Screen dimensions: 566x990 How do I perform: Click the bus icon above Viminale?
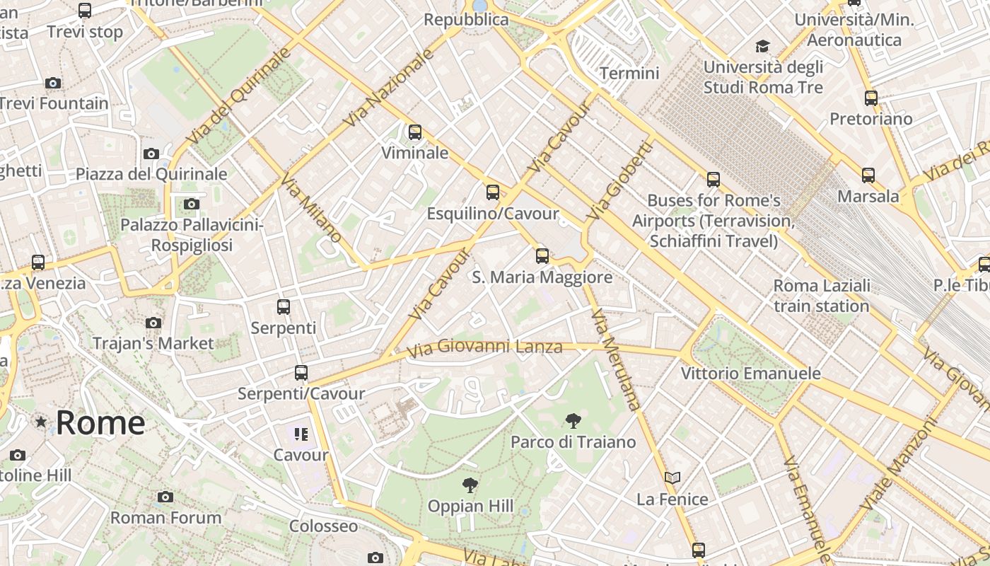coord(415,132)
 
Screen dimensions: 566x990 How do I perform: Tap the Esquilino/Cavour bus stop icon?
coord(493,192)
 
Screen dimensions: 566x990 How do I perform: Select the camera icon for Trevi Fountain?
coord(53,83)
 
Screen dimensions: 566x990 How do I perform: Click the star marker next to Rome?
coord(41,422)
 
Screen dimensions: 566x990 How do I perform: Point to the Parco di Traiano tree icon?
coord(573,421)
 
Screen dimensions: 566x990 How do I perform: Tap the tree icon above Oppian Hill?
coord(470,485)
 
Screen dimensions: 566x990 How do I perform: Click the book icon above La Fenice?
coord(672,478)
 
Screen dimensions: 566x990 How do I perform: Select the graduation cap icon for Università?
coord(762,47)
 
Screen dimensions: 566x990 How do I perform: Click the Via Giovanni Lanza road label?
coord(484,347)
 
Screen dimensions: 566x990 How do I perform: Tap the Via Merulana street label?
coord(616,359)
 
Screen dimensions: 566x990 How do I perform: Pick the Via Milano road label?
coord(312,209)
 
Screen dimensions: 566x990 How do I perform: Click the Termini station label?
coord(629,73)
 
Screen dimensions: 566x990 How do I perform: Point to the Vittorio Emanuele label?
coord(750,373)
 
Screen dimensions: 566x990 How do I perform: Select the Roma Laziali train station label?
coord(821,296)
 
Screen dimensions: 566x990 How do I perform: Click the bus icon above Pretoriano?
coord(871,98)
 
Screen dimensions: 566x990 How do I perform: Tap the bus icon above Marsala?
coord(868,175)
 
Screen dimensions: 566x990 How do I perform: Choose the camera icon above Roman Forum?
coord(165,497)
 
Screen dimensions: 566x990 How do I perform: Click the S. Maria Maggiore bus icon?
coord(542,255)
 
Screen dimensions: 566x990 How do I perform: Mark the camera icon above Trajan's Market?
coord(153,323)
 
